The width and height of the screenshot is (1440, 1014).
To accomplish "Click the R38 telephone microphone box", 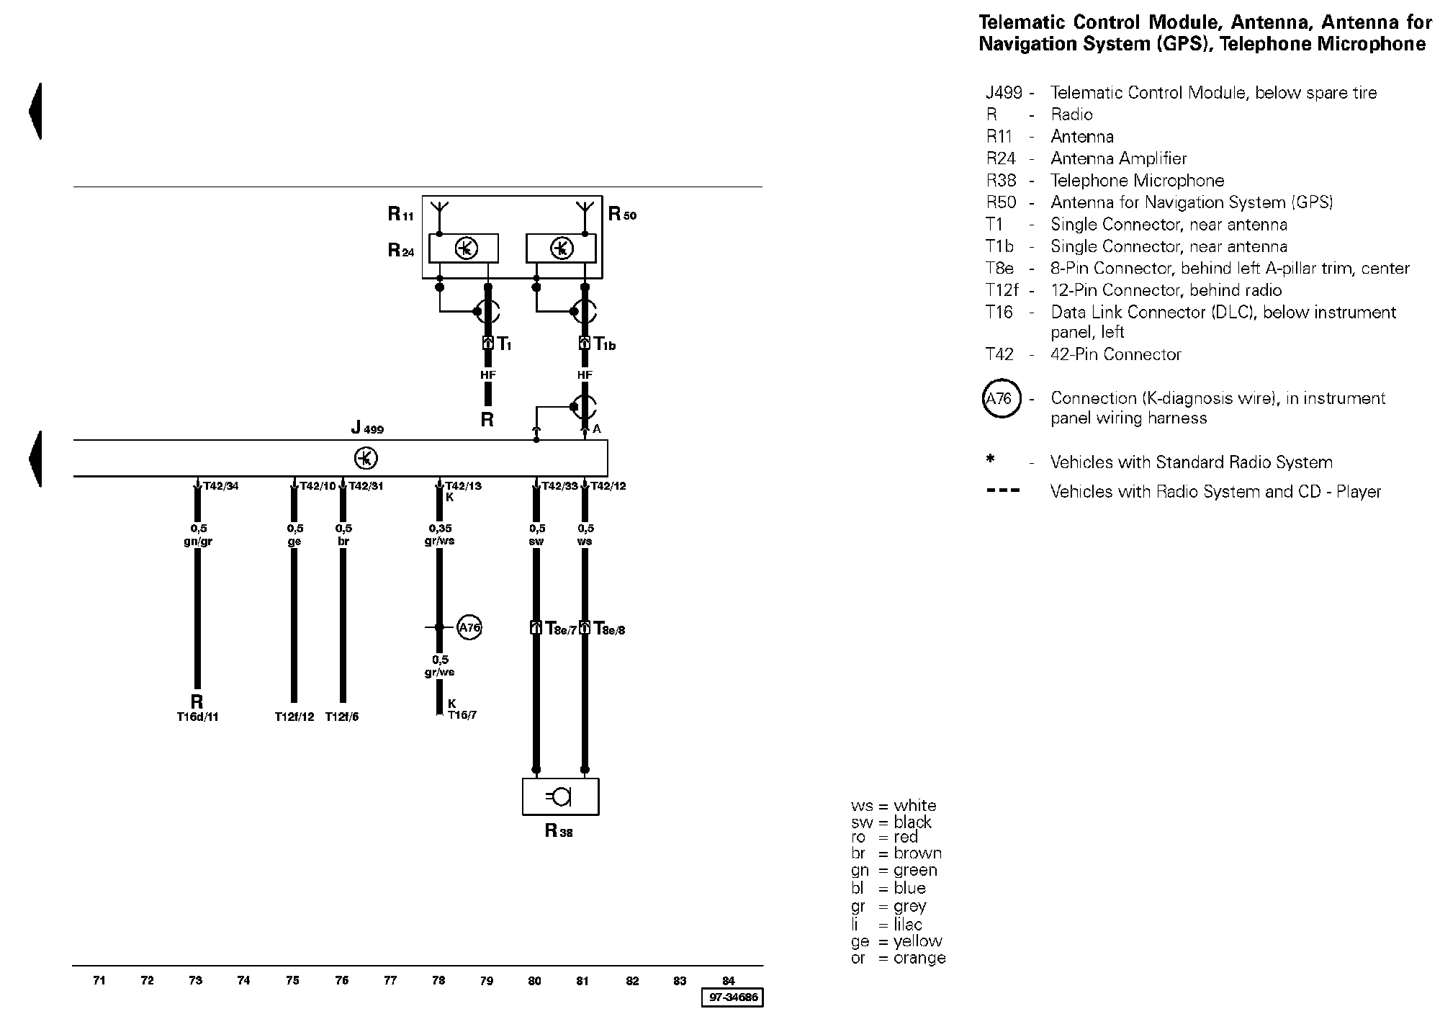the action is pos(560,797).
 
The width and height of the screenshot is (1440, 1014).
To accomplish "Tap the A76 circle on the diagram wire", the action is pos(469,627).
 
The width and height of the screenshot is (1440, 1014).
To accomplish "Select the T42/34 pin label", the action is pos(220,486).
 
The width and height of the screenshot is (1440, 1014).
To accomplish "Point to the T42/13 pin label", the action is pos(463,486).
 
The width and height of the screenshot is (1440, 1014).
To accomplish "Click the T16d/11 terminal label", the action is pos(197,717).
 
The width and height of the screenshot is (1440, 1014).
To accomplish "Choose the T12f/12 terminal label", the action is pos(294,717).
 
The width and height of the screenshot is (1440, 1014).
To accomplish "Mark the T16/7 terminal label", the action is pos(462,715).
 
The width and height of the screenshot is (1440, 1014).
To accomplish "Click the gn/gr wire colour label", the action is pos(197,542).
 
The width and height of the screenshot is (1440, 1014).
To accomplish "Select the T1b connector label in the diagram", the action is pos(605,344).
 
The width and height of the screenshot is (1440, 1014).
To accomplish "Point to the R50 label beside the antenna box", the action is pos(623,214).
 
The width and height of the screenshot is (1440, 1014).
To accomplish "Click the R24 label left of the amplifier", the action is pos(401,250).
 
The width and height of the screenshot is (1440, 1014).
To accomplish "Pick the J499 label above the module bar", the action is pos(367,428).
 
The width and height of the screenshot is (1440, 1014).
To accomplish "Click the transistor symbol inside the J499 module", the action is pos(366,458).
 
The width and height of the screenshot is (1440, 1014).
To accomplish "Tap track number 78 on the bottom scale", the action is pos(438,980).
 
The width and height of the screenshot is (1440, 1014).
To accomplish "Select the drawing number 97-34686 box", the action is pos(732,997).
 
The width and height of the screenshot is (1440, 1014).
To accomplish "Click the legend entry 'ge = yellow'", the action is pos(896,941).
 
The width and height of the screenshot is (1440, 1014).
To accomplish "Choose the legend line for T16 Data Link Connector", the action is pos(1191,322).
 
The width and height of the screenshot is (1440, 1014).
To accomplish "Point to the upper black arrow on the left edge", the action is pos(35,112).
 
